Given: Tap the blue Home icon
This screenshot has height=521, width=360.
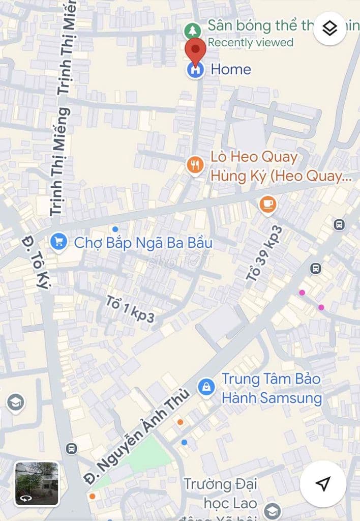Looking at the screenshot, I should (195, 70).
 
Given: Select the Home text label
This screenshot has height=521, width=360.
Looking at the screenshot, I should (231, 69).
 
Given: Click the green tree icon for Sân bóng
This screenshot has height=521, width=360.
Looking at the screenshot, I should (193, 31).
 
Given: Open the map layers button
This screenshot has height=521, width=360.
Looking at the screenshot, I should (330, 28).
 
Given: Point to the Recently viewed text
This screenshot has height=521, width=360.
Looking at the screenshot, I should (250, 42).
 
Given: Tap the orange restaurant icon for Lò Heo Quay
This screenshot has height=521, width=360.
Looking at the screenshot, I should (195, 165).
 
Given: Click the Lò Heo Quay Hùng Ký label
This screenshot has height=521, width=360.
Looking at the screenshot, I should (275, 166).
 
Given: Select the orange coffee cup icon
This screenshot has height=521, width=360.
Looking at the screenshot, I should (267, 204).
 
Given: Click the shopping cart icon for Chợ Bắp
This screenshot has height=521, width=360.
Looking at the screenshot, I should (59, 241).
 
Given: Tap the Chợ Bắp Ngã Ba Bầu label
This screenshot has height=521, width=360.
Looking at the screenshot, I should (143, 243).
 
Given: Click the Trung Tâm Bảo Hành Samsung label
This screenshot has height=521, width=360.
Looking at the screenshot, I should (272, 389).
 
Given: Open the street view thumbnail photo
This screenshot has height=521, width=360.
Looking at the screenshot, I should (36, 483).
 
